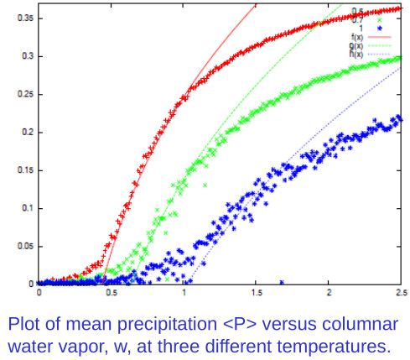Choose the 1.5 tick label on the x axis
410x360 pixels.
click(256, 293)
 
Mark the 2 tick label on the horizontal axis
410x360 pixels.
click(329, 293)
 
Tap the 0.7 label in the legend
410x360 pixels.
click(356, 18)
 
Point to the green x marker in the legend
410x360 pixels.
click(381, 19)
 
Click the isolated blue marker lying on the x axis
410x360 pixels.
click(282, 283)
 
